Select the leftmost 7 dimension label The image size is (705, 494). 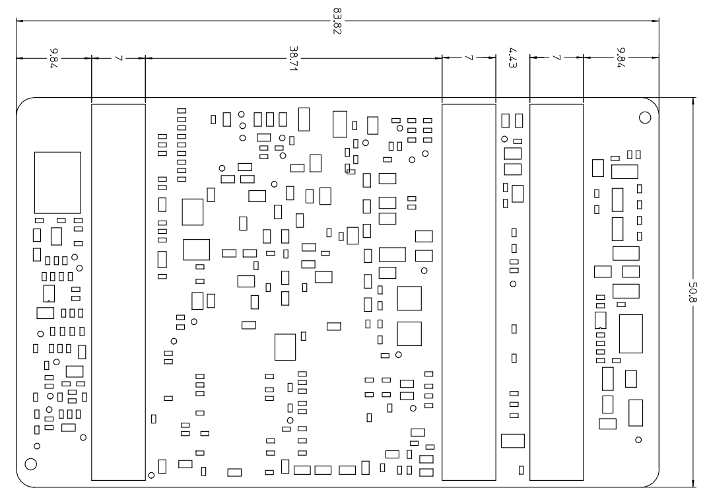[117, 58]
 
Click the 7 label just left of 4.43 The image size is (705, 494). [468, 58]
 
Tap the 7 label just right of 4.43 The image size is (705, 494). [556, 58]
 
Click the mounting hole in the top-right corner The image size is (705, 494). [645, 118]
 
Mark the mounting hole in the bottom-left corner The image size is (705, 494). [30, 463]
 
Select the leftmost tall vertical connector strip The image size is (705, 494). [117, 291]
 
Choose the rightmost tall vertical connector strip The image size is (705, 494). [556, 291]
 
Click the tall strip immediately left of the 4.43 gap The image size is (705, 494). [468, 291]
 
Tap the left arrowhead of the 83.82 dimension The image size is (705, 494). [20, 20]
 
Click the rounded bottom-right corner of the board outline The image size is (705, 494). [654, 481]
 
